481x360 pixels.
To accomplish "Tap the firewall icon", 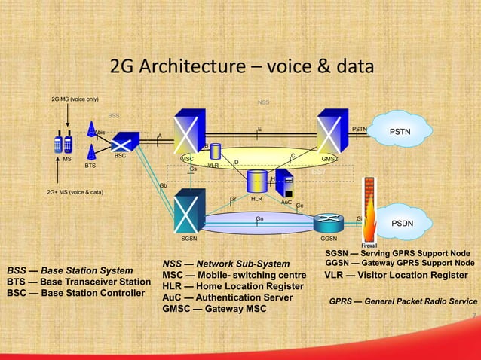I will pos(369,212).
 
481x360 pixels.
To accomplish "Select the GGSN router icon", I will pos(329,221).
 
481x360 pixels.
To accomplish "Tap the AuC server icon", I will pos(284,185).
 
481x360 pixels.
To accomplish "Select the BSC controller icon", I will pos(121,141).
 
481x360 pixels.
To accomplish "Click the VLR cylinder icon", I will pos(215,151).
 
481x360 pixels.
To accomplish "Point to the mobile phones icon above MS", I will pos(63,142).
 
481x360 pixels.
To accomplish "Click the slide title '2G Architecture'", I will pos(241,67).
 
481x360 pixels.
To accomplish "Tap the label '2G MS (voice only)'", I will pos(75,99).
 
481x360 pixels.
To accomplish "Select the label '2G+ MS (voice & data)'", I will pos(75,192).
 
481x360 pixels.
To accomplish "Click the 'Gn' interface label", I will pos(259,218).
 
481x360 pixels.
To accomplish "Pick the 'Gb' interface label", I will pos(163,186).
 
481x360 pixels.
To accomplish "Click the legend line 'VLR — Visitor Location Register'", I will pos(396,275).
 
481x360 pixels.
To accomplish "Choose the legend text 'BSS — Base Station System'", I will pos(70,270).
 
